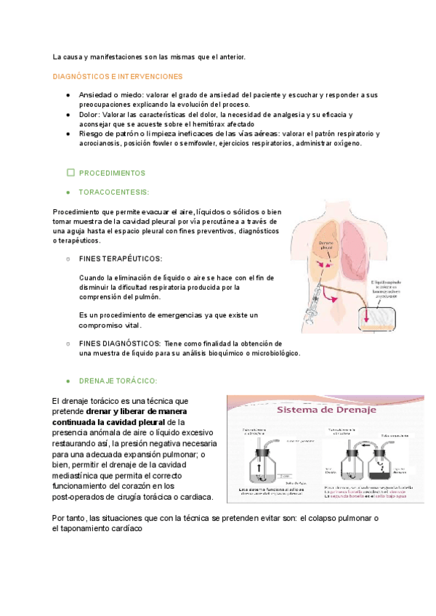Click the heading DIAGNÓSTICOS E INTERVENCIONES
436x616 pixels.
coord(117,76)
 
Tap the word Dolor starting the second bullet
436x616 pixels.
coord(89,115)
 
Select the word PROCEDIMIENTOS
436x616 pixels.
coord(112,174)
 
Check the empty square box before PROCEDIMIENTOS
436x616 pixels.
coord(70,173)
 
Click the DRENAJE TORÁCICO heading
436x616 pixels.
coord(118,381)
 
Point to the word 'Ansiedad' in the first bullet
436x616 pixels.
coord(95,94)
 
